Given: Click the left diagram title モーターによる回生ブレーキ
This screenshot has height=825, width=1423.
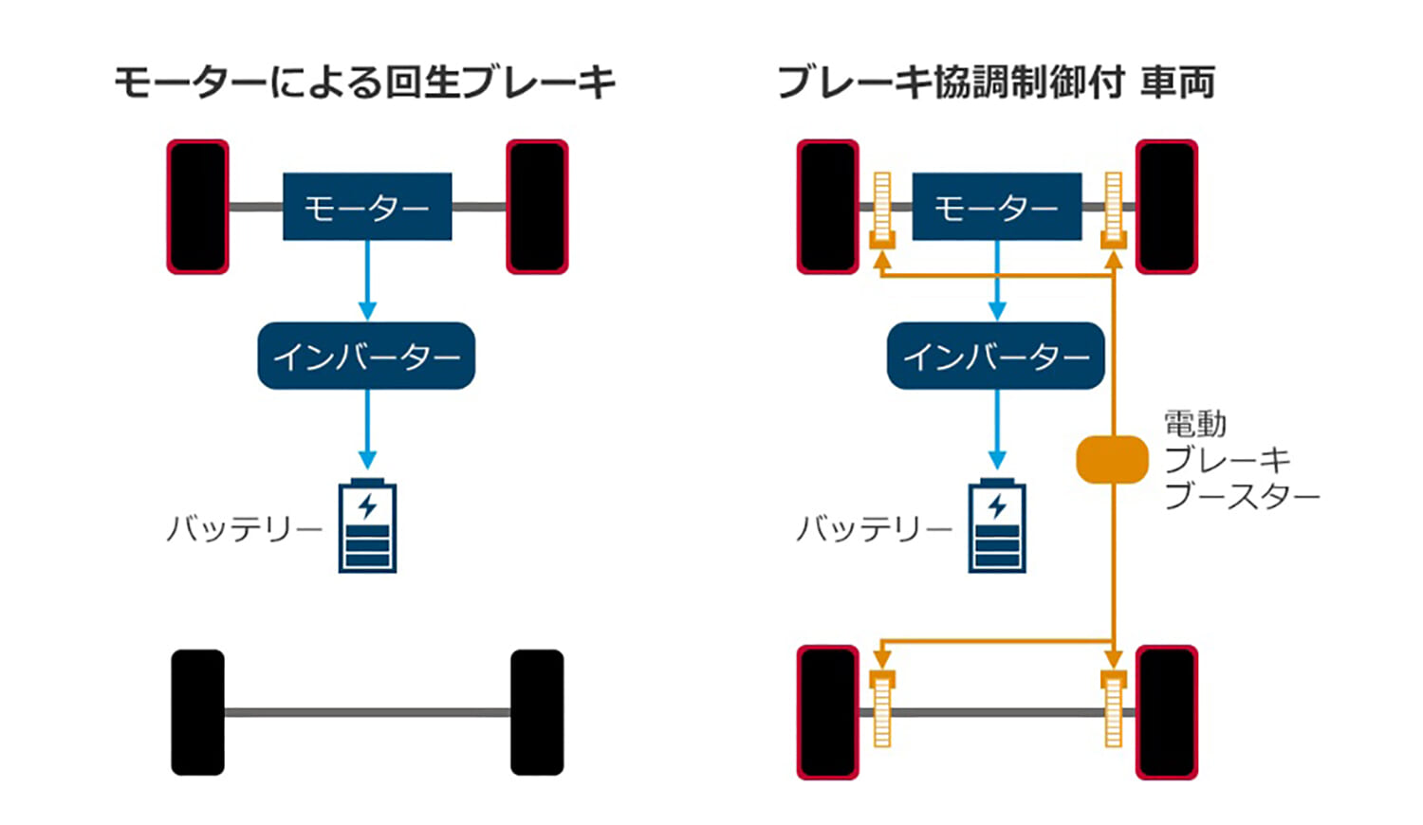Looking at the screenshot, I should (x=365, y=82).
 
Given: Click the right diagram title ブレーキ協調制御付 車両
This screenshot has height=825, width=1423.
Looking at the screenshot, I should (x=995, y=82).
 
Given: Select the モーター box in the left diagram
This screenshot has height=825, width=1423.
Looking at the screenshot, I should (x=367, y=207).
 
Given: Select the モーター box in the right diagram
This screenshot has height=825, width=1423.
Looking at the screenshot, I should (x=996, y=207).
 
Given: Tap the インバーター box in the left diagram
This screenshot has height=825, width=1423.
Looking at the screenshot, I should (x=366, y=356).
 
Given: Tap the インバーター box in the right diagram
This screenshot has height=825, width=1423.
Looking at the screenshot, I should (x=995, y=356).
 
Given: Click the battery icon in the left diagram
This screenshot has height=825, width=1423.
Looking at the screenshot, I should (x=367, y=526).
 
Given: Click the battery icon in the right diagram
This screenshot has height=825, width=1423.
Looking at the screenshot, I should (x=996, y=526).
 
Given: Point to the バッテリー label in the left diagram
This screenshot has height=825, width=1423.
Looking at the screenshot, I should (x=245, y=528).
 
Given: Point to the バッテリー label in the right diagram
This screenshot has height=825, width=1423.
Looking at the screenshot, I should (x=874, y=528).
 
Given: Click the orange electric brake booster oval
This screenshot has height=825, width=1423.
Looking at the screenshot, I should (x=1112, y=459).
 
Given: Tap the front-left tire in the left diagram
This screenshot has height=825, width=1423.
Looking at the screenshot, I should (x=197, y=207).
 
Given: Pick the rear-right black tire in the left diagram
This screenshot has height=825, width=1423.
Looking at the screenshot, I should (x=537, y=712).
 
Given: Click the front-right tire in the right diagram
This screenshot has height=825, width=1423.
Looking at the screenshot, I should (x=1167, y=207).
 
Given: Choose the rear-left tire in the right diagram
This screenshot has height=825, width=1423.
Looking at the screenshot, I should (x=827, y=712).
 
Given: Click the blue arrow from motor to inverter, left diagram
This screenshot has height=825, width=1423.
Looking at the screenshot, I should (x=367, y=280).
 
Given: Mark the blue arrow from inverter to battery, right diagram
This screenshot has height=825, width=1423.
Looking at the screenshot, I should (x=996, y=429).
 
